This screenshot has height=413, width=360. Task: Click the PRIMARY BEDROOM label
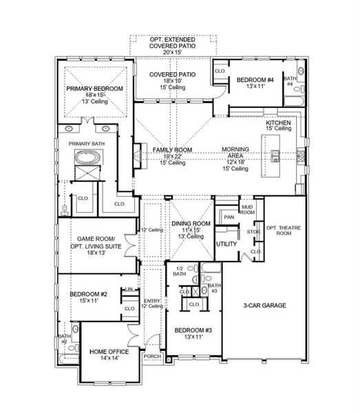pos(94,89)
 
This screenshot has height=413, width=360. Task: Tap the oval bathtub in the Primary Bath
pos(87,157)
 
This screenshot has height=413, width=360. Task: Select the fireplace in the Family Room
pos(140,156)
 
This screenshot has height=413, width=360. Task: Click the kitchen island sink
pos(275,156)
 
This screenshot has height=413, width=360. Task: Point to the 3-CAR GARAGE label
pos(264,306)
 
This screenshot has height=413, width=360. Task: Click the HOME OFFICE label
pos(109,352)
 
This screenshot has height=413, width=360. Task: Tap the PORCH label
pos(152,357)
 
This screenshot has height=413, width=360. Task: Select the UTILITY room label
pos(226,244)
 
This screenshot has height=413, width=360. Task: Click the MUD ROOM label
pos(247,210)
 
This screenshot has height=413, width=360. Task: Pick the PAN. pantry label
pos(229,218)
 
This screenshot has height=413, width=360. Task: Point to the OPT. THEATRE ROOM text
pos(284,231)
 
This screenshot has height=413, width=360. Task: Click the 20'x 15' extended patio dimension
pos(173,52)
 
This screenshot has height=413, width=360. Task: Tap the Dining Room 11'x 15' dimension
pos(191,230)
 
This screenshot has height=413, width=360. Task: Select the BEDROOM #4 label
pos(255,80)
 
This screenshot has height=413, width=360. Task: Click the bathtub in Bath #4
pos(295,101)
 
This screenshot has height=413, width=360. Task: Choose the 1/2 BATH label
pos(180,271)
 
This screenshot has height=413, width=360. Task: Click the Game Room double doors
pos(130,245)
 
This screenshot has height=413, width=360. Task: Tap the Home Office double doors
pos(134,336)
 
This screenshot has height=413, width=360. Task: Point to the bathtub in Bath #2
pos(68,359)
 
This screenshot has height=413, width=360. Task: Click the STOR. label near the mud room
pos(253,232)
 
